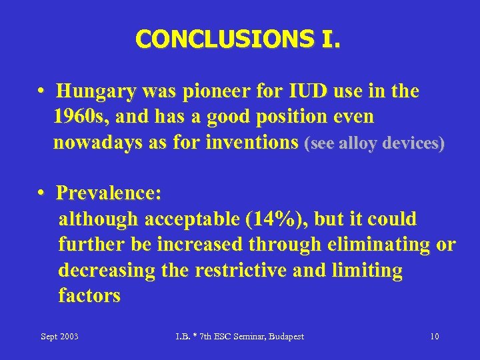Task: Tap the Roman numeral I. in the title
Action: point(327,39)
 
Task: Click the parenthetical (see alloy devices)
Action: point(374,144)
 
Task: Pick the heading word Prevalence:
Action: point(109,193)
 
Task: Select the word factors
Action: point(89,296)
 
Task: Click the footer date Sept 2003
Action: point(59,337)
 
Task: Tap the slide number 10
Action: point(434,337)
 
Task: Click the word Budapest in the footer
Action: point(284,337)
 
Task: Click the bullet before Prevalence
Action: point(42,193)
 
